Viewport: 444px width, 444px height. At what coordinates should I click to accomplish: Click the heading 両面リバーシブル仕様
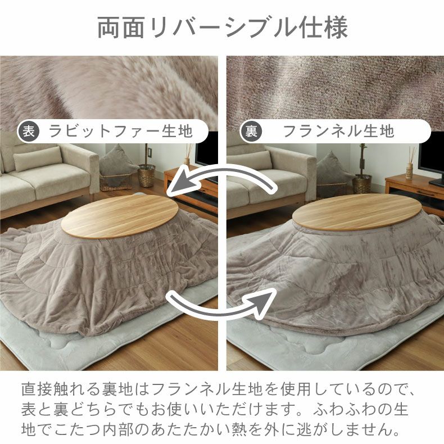click(x=223, y=28)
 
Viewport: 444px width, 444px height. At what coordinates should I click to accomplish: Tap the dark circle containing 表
click(x=29, y=131)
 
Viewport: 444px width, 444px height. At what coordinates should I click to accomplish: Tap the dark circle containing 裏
click(x=251, y=131)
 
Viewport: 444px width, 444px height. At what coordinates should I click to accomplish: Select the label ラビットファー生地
click(x=121, y=131)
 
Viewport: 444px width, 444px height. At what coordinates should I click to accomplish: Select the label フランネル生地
click(x=338, y=131)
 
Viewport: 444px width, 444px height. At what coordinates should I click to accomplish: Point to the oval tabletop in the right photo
click(x=354, y=212)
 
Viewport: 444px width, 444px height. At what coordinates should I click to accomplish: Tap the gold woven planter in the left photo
click(x=146, y=175)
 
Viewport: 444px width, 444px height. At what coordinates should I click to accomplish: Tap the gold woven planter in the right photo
click(x=362, y=184)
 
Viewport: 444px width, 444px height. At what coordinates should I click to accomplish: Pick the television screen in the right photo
click(x=431, y=158)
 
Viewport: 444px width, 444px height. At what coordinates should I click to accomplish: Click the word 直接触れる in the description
click(x=61, y=389)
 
